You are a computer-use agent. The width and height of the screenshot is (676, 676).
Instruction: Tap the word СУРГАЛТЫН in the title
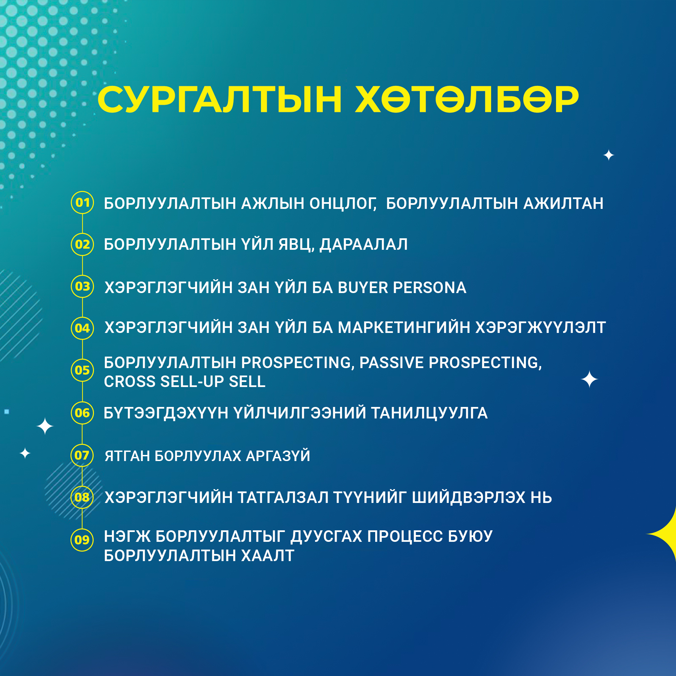219,100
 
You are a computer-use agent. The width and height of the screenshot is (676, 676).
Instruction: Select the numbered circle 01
82,202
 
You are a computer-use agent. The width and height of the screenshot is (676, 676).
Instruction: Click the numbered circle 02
82,244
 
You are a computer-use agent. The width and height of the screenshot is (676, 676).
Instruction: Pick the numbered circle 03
82,286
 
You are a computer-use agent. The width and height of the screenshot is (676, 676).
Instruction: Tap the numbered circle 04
82,328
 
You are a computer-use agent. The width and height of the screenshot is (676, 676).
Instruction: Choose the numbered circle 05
82,370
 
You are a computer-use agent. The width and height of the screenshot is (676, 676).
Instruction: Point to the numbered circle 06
82,413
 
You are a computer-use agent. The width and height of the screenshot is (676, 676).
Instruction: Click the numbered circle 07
82,455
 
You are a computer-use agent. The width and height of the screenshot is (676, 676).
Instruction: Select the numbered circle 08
82,497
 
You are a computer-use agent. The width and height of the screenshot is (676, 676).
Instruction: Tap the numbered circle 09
82,540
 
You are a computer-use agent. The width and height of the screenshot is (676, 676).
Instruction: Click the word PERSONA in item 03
430,288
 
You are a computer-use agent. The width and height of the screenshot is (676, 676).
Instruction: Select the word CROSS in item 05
130,382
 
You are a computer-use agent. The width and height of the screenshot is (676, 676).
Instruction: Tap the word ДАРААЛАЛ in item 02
364,244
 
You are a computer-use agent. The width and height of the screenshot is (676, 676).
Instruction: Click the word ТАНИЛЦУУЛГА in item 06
429,413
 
